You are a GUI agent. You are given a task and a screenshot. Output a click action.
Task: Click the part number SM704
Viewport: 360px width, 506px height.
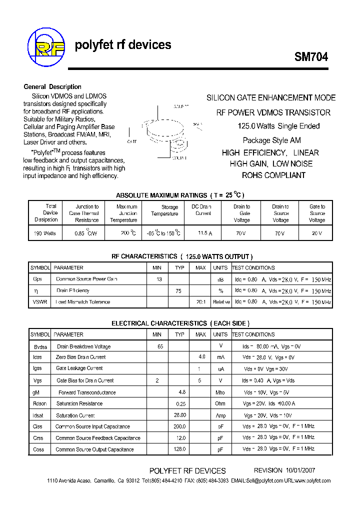point(311,57)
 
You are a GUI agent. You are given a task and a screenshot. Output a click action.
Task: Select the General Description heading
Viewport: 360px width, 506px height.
point(52,86)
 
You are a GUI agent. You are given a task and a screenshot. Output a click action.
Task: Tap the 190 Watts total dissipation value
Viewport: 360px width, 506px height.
point(45,233)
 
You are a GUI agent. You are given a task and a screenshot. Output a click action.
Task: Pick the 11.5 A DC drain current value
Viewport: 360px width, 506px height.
point(202,233)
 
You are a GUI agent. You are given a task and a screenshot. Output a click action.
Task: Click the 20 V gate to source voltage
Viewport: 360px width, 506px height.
point(317,233)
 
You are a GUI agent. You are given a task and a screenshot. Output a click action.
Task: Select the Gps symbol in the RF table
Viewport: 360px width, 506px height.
point(37,279)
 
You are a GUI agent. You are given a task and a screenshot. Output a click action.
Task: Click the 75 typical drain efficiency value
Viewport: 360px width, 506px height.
point(178,290)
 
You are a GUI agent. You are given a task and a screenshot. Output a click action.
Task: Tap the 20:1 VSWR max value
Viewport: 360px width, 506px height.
point(200,302)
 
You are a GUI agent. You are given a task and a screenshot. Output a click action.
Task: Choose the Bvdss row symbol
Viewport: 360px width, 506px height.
point(39,346)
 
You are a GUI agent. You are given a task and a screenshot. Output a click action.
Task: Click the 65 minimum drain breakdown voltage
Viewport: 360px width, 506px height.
point(160,346)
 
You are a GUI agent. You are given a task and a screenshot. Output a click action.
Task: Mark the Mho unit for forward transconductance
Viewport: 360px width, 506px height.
point(220,392)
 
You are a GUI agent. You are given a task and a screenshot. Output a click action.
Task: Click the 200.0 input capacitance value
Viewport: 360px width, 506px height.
point(179,426)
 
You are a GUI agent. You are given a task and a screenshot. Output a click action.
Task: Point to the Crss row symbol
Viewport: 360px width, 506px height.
point(38,438)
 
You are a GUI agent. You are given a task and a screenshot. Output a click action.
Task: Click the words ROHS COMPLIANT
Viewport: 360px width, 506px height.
point(273,175)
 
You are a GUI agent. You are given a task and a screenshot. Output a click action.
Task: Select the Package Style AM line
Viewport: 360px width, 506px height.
point(271,140)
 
